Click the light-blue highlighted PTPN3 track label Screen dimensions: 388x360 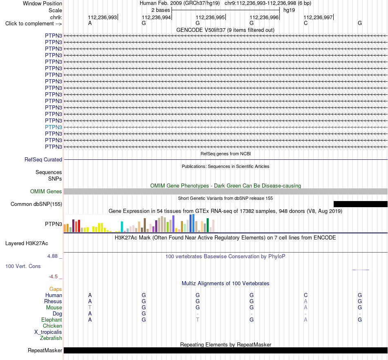pos(54,127)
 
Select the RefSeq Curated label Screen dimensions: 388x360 pos(43,160)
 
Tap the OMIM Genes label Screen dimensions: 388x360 pos(46,191)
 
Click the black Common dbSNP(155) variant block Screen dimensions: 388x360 pos(361,204)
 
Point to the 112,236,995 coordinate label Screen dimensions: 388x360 pos(210,17)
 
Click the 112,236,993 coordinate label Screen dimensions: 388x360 pos(102,17)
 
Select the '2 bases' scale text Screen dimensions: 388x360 pos(161,10)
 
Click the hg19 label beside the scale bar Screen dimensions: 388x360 pos(289,10)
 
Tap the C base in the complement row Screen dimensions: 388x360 pos(305,23)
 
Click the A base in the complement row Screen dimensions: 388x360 pos(90,23)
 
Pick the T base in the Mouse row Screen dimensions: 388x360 pos(90,308)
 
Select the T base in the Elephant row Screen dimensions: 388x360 pos(197,320)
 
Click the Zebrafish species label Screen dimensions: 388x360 pos(51,338)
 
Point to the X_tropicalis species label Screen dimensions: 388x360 pos(48,332)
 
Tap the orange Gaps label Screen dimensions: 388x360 pos(56,289)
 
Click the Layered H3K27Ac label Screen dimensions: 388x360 pos(27,244)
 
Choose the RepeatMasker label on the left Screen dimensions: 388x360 pos(45,350)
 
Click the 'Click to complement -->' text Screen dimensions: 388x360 pos(33,24)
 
